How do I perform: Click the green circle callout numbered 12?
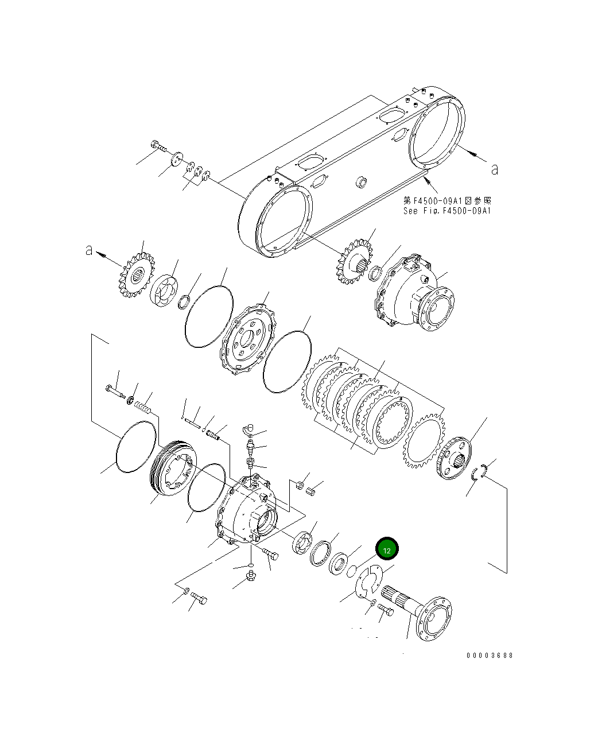[387, 549]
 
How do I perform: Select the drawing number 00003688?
[490, 655]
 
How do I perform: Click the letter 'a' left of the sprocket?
[89, 250]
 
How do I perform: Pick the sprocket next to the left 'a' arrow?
[135, 276]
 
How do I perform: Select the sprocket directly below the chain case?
[352, 265]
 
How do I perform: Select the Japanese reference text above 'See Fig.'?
[447, 201]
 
